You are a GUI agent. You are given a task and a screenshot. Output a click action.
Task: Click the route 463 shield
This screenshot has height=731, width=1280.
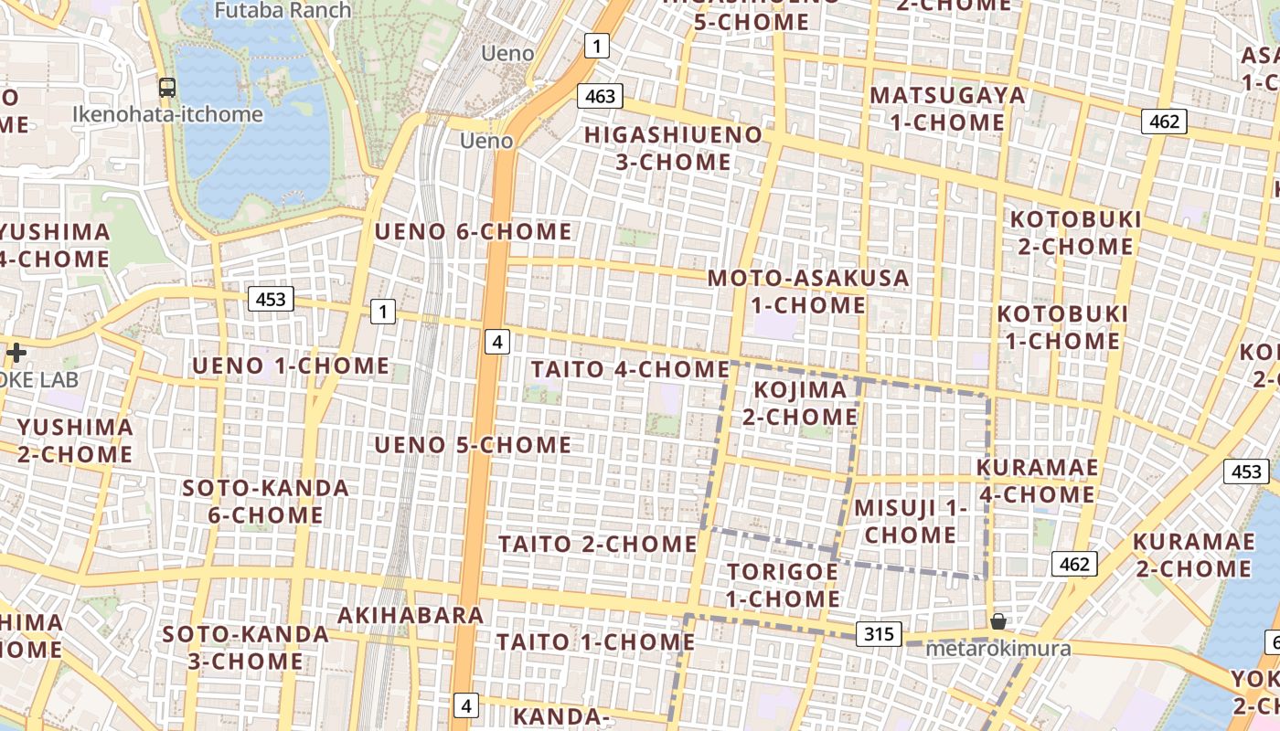coord(600,96)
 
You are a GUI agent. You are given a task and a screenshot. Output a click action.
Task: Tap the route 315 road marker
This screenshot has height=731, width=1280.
coord(880,634)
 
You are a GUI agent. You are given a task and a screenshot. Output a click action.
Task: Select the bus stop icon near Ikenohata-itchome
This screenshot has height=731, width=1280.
coord(166,88)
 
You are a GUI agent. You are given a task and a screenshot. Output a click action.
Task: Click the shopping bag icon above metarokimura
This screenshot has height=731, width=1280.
coord(997,622)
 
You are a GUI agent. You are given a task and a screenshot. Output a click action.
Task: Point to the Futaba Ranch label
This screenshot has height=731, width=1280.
coord(283,11)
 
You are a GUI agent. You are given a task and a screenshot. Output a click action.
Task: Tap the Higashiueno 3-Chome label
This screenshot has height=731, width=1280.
coord(673,149)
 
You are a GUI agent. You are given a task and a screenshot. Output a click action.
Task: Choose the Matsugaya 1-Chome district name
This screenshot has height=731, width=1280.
coord(947,109)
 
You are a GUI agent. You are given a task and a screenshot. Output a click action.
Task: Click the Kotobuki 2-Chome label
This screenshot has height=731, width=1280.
coord(1075,233)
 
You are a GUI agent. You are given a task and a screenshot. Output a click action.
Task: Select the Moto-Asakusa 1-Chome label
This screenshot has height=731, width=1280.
coord(808,291)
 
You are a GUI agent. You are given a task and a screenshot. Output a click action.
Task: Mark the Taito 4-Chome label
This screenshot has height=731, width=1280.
coord(630,369)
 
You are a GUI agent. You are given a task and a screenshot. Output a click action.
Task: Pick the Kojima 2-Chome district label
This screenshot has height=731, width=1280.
coord(805,403)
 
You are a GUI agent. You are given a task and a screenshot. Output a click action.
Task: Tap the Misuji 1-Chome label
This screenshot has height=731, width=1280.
coord(910,521)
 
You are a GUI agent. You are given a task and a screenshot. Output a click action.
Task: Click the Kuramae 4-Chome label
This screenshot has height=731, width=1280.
coord(1037,481)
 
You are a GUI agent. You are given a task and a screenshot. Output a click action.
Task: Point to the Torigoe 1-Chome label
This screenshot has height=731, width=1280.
coord(783,585)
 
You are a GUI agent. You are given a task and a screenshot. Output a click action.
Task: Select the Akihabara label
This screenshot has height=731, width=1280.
coord(411,615)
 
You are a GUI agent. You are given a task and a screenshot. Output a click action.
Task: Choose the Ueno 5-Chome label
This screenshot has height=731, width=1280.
coord(474,445)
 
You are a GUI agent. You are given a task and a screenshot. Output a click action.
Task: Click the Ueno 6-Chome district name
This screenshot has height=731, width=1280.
coord(474,231)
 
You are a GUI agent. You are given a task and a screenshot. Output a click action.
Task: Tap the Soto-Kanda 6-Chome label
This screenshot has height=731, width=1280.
coord(265,501)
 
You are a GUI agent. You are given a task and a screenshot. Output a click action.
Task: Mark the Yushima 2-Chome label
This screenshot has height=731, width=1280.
coord(75,440)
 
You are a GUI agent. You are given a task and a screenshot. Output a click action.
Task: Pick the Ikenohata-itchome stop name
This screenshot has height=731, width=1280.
coord(167,115)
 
